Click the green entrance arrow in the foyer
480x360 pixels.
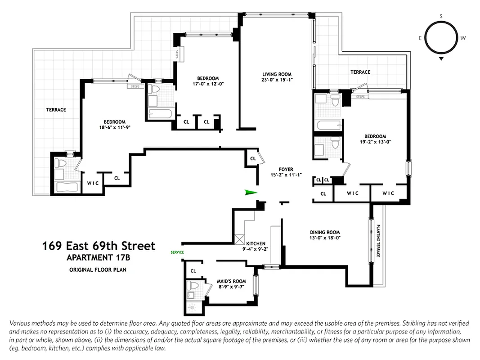tap(250, 193)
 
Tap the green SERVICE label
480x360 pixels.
tap(177, 252)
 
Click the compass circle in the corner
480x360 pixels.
tap(441, 38)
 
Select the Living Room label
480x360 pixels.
tap(277, 74)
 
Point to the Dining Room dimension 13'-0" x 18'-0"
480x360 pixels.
tap(324, 238)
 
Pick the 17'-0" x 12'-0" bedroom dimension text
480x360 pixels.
tap(207, 84)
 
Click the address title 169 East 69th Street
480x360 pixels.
tap(99, 246)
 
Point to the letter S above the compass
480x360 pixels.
tap(441, 16)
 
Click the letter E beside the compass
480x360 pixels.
tap(420, 38)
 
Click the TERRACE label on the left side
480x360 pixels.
tap(56, 110)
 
